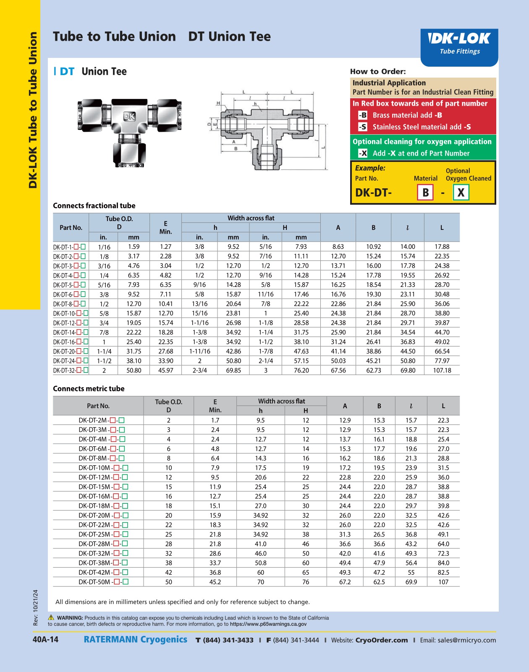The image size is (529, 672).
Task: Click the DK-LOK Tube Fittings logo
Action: pos(459,44)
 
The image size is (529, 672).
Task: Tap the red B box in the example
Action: pos(425,193)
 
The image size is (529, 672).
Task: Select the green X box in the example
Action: pos(461,193)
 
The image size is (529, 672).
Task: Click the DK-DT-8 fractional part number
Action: pos(69,304)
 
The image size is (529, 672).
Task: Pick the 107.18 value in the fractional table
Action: pos(442,370)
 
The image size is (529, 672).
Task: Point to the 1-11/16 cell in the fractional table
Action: pos(199,352)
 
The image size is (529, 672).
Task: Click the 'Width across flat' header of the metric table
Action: pos(281,401)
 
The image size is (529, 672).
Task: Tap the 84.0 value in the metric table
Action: pos(443,563)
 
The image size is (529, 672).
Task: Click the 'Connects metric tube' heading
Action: pos(89,388)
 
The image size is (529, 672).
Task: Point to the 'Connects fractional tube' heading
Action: pos(94,206)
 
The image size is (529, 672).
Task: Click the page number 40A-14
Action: pos(45,639)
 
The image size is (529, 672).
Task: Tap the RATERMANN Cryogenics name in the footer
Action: pos(135,639)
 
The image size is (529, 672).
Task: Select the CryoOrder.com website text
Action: pos(381,640)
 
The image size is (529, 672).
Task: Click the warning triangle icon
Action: pos(51,617)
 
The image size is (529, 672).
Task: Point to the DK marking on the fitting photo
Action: pos(129,117)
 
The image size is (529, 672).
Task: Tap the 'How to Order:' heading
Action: pos(378,71)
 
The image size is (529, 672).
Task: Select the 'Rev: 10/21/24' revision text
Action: pos(36,607)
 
